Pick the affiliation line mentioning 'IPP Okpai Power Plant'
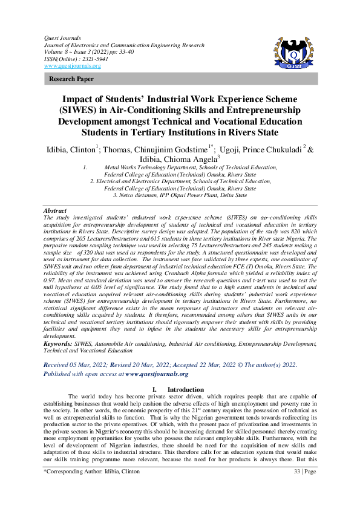coord(180,195)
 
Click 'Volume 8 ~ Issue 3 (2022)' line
coord(86,52)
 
